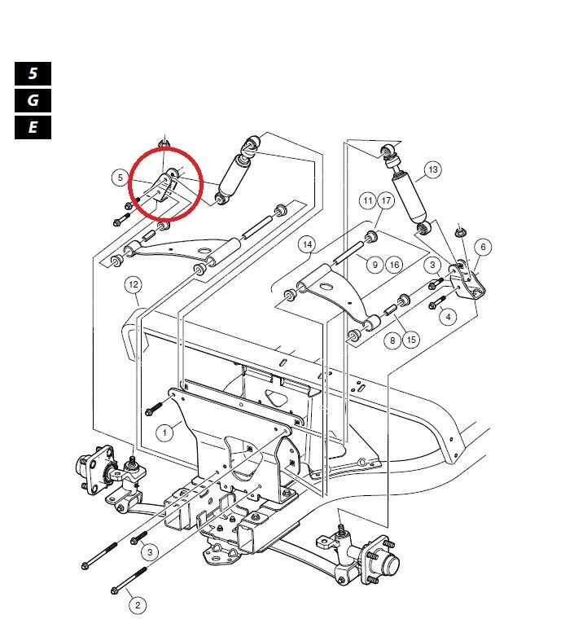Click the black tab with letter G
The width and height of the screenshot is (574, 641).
[x=33, y=100]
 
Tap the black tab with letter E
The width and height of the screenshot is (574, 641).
[x=33, y=127]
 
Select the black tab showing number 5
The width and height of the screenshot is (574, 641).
[x=33, y=73]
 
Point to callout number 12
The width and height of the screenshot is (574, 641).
[x=134, y=284]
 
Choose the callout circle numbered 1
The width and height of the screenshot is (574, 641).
[x=165, y=432]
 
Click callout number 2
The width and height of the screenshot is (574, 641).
[x=138, y=604]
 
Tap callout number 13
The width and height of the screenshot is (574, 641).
[x=432, y=169]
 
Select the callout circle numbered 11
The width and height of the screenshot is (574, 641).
[x=368, y=200]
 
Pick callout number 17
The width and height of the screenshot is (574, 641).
[x=386, y=200]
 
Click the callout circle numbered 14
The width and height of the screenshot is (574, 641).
[x=307, y=244]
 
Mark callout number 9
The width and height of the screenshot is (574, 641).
[x=375, y=264]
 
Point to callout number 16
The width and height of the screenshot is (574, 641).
[x=393, y=264]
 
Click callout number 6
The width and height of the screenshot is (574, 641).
[x=482, y=246]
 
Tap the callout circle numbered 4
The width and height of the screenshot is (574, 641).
[x=446, y=316]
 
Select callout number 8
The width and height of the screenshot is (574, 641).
[x=393, y=340]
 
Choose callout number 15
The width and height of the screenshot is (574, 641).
[x=411, y=340]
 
